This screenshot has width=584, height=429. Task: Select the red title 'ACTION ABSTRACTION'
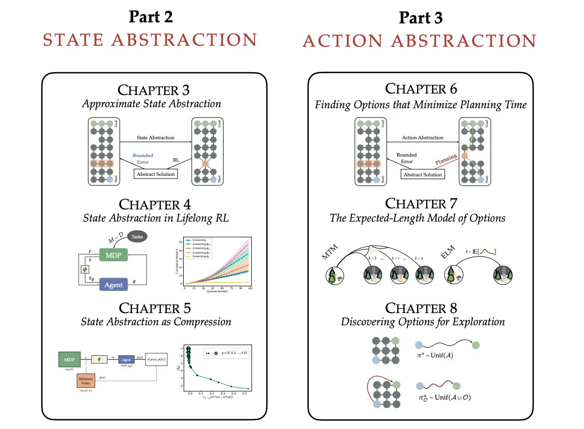(x=419, y=41)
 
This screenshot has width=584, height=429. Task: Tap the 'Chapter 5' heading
(x=155, y=308)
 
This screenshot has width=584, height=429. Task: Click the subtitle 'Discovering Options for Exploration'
(x=423, y=321)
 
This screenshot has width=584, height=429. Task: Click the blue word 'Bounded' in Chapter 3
(x=142, y=155)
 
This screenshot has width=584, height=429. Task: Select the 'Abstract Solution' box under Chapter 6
(x=422, y=174)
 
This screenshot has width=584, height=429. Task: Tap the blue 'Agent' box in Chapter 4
(x=113, y=285)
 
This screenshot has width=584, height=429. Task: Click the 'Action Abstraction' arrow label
(x=422, y=138)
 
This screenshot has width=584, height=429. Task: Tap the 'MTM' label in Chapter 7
(x=330, y=254)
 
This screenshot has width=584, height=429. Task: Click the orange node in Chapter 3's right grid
(x=205, y=165)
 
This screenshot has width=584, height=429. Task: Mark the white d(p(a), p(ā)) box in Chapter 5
(x=156, y=360)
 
